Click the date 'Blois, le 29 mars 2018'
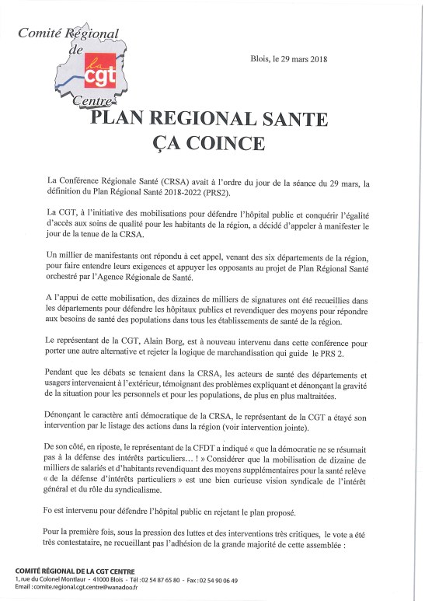[x=291, y=58]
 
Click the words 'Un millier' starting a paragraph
[x=65, y=255]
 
